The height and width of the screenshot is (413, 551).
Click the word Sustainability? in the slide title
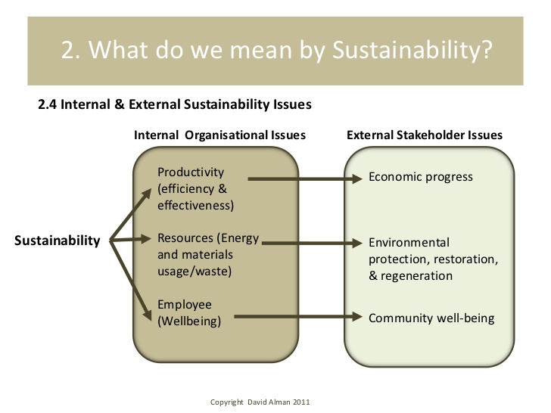(412, 50)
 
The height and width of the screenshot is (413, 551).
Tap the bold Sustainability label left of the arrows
(58, 241)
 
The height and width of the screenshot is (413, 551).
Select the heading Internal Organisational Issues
(219, 135)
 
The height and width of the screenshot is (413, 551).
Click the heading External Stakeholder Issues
(425, 135)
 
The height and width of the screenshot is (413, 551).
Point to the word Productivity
(191, 172)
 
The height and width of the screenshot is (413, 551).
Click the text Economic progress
(421, 177)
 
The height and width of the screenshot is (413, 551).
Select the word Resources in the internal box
(185, 238)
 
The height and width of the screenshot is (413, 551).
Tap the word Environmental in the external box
(409, 243)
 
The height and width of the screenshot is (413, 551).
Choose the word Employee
(185, 305)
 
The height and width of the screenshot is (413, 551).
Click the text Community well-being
(431, 318)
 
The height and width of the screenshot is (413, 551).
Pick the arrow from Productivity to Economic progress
(305, 179)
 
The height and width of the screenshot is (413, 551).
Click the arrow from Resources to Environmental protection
(312, 243)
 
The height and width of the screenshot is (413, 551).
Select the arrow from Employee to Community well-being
(298, 317)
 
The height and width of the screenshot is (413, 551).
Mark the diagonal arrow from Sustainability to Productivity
(130, 214)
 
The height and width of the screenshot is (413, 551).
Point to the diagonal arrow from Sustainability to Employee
(130, 280)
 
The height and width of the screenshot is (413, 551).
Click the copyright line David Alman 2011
(260, 402)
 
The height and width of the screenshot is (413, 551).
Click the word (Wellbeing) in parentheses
(189, 321)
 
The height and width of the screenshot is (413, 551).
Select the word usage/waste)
(195, 272)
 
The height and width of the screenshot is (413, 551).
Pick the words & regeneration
(410, 276)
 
